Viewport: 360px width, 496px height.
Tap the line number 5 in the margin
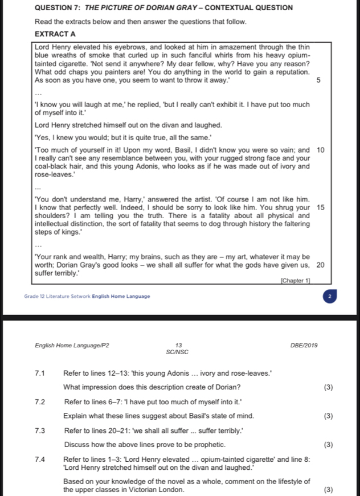[x=318, y=81]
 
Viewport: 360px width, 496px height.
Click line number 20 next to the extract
[x=320, y=265]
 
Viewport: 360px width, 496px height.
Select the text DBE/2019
[x=306, y=345]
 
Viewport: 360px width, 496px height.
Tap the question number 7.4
[x=40, y=459]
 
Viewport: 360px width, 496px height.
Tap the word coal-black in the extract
[x=53, y=166]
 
